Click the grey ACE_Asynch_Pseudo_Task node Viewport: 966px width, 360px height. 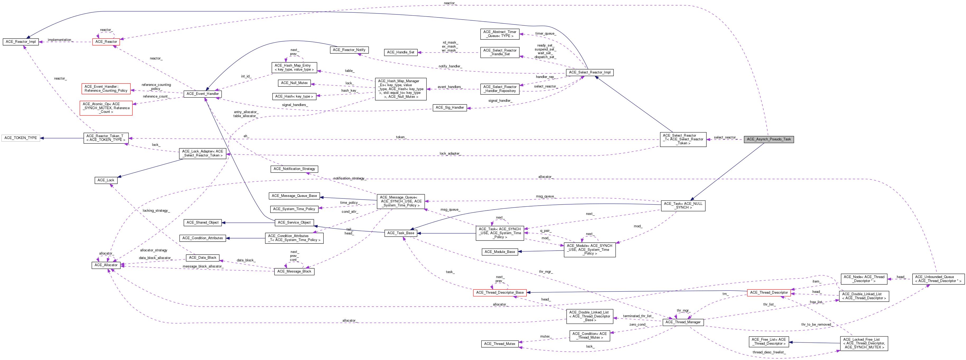pyautogui.click(x=768, y=139)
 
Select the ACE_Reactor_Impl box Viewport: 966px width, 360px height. pyautogui.click(x=21, y=41)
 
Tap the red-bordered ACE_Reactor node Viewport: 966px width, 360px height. pyautogui.click(x=106, y=41)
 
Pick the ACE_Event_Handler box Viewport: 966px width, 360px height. pyautogui.click(x=203, y=94)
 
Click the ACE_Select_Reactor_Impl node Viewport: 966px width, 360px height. pyautogui.click(x=589, y=72)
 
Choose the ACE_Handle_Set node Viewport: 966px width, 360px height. pyautogui.click(x=401, y=53)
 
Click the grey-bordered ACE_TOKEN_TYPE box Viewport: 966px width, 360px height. pyautogui.click(x=21, y=138)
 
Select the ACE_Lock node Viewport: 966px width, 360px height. pyautogui.click(x=106, y=180)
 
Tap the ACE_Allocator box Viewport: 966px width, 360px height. pyautogui.click(x=106, y=265)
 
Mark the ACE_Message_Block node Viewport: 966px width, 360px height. pyautogui.click(x=294, y=271)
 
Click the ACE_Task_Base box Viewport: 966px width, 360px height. pyautogui.click(x=401, y=233)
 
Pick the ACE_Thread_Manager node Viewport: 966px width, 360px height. pyautogui.click(x=683, y=322)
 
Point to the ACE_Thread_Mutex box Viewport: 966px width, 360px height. pyautogui.click(x=500, y=344)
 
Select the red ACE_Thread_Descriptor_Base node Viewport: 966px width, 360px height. pyautogui.click(x=500, y=293)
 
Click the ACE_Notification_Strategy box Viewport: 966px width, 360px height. pyautogui.click(x=294, y=169)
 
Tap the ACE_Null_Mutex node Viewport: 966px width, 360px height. pyautogui.click(x=294, y=83)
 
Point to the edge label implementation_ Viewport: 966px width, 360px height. pyautogui.click(x=60, y=40)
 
